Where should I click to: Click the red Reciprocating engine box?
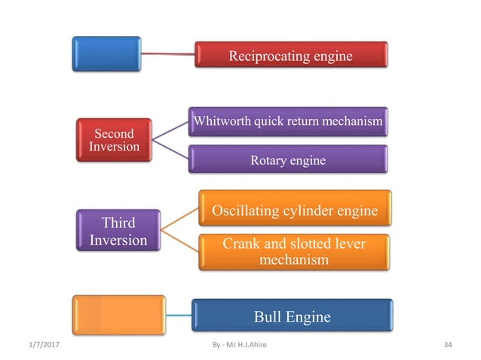[x=291, y=54]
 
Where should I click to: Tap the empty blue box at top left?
[x=106, y=53]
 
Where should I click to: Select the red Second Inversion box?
[x=113, y=139]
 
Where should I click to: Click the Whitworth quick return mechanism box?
[x=290, y=121]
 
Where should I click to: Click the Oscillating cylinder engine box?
[x=295, y=210]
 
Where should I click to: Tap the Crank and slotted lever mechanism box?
[x=295, y=251]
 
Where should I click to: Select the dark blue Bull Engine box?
[x=292, y=316]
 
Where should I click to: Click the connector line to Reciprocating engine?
[x=167, y=53]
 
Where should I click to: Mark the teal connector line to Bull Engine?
[x=178, y=315]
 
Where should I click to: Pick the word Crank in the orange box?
[x=240, y=243]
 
